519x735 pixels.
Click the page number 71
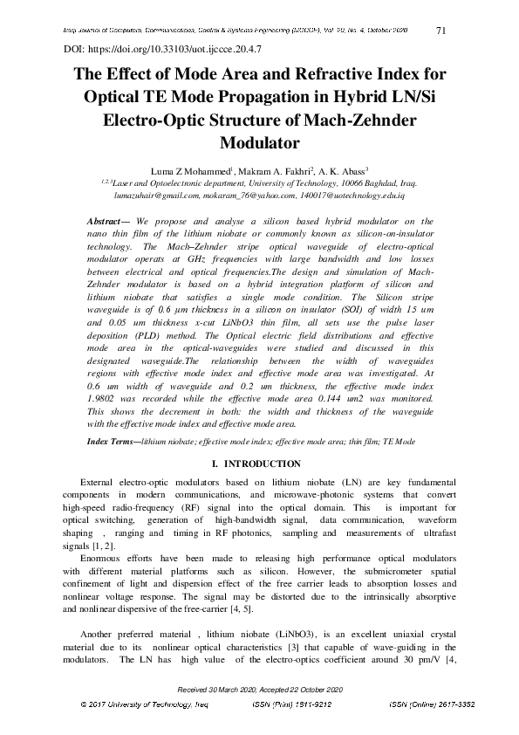pos(440,31)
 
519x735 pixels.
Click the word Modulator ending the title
pos(258,141)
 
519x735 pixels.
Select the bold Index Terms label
pos(113,443)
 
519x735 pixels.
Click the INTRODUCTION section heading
pos(263,464)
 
